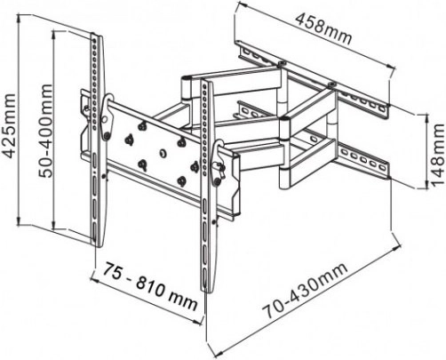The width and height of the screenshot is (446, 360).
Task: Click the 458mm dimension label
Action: tap(324, 28)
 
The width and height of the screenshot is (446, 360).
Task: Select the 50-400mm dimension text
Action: tap(45, 131)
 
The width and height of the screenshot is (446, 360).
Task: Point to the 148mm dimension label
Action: tap(438, 155)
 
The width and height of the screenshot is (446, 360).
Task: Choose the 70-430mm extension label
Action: tap(306, 291)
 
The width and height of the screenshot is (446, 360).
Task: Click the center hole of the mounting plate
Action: tap(163, 154)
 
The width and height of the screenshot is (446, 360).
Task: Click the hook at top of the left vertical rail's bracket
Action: tap(108, 99)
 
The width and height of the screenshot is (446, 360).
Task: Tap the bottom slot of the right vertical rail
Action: tap(205, 278)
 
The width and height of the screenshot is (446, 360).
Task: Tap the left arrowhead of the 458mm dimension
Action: tap(239, 4)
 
